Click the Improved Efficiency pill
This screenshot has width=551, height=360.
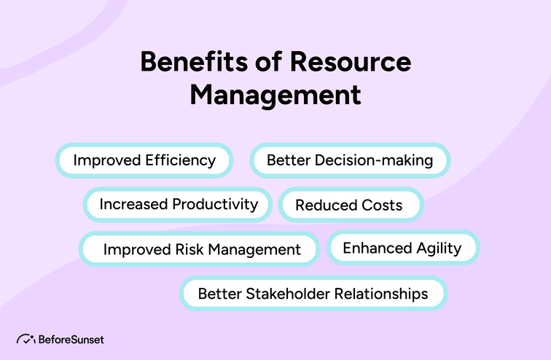point(144,160)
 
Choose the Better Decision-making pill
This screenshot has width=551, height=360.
point(350,160)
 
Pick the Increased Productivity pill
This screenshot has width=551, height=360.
point(179,204)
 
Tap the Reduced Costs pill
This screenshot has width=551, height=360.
point(349,205)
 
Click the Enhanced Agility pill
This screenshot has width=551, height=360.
point(402,248)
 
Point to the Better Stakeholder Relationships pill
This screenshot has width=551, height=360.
point(313,294)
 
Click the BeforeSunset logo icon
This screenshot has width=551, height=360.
point(26,340)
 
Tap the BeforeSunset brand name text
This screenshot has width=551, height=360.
point(70,340)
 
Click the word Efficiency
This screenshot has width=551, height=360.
point(180,160)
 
